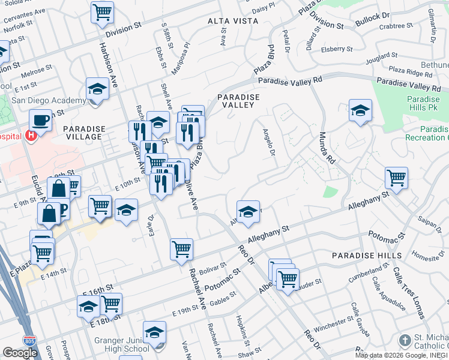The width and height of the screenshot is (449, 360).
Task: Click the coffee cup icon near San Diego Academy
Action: point(41,120)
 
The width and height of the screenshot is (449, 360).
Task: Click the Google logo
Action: point(20,353)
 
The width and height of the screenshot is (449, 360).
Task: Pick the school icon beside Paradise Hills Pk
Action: point(360,110)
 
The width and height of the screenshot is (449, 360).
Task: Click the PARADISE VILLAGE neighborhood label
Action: point(83,133)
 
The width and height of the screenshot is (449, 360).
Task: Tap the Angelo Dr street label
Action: point(268,143)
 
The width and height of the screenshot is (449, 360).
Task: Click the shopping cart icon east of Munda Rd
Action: point(396,177)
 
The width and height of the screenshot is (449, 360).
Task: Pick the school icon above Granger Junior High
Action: point(154,332)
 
